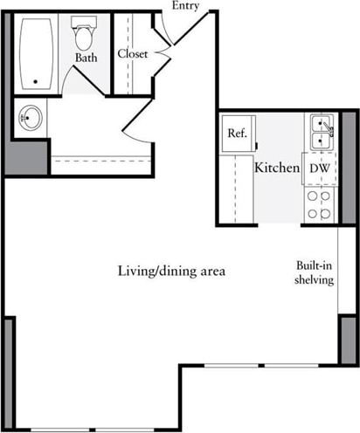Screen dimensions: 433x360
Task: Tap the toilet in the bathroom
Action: click(85, 36)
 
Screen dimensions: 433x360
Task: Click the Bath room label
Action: click(85, 58)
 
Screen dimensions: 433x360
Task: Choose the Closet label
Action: click(132, 54)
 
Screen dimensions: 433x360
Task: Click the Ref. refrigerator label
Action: click(236, 134)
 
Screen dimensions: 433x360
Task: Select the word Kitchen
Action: click(277, 168)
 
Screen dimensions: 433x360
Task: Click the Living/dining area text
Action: click(171, 271)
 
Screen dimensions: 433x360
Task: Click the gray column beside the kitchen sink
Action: click(345, 148)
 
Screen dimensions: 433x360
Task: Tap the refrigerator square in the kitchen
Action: click(236, 134)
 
